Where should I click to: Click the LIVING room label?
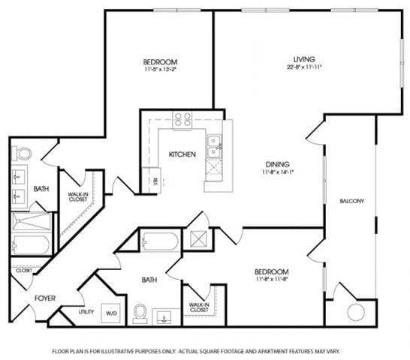click(x=304, y=59)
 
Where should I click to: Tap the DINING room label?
click(x=277, y=164)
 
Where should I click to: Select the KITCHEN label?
click(x=182, y=154)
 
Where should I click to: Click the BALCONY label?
click(x=351, y=201)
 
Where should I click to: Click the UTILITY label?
click(x=86, y=311)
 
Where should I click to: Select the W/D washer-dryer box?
click(x=112, y=312)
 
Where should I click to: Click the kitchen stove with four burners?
click(x=182, y=118)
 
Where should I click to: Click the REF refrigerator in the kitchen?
click(x=155, y=180)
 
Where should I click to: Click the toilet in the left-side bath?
click(x=23, y=154)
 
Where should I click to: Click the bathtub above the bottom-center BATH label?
click(x=160, y=242)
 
